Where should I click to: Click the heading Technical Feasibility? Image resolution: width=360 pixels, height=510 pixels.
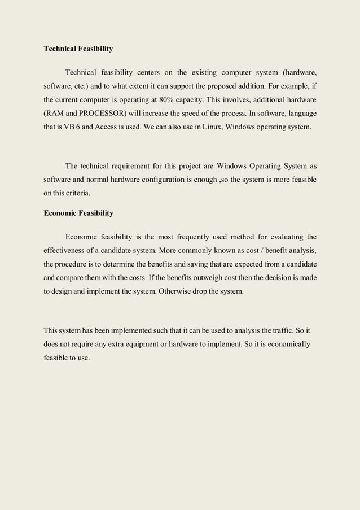(78, 49)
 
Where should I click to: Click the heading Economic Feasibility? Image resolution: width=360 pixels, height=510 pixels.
(78, 213)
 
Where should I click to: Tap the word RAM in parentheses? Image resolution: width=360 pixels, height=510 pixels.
(56, 113)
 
